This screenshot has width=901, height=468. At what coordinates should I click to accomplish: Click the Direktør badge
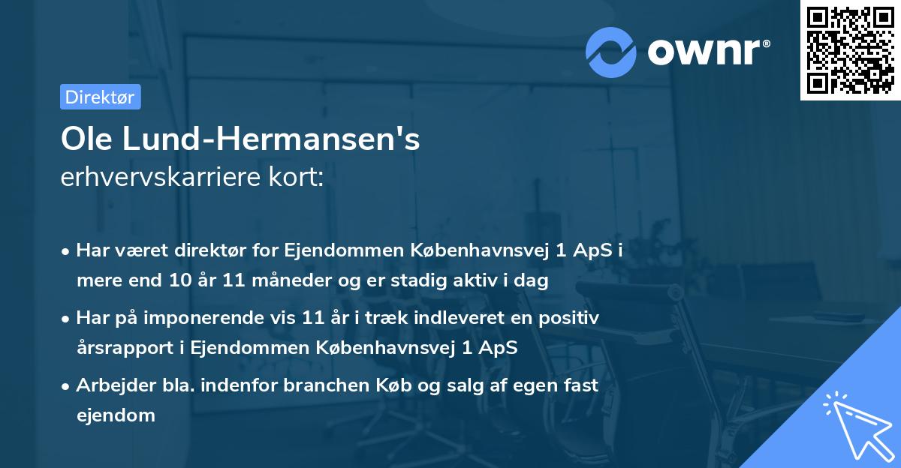tap(100, 97)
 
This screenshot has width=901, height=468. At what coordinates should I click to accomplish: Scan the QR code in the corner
tap(850, 50)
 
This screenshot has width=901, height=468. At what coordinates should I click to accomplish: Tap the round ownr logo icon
tap(611, 52)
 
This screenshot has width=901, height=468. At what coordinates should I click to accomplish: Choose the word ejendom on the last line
tap(116, 415)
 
